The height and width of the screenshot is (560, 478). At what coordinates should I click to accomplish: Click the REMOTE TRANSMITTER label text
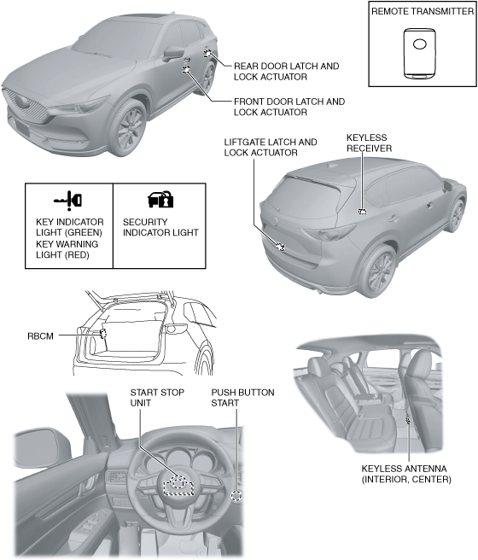point(423,11)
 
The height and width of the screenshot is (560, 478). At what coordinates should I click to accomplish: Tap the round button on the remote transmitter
point(419,44)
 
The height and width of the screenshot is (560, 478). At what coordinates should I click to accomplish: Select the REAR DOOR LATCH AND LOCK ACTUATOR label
point(286,72)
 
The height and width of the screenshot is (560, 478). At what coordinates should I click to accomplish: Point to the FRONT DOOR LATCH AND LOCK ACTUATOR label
point(289,107)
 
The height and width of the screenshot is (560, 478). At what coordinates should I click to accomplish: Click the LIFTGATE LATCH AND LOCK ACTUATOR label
point(271,147)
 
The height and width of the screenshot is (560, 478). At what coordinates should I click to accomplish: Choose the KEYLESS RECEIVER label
point(369,143)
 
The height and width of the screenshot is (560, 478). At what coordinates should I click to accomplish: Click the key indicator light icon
point(67,199)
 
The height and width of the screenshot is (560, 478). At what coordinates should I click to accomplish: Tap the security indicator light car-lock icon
point(160,200)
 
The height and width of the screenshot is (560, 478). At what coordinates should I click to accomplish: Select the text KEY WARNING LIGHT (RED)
point(67,249)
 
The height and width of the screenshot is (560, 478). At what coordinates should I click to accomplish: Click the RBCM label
point(40,336)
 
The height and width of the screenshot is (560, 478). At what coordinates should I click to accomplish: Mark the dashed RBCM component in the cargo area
point(103,334)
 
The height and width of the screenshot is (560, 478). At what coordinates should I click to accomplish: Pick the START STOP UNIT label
point(157,398)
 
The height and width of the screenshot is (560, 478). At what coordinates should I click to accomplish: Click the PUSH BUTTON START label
point(242,398)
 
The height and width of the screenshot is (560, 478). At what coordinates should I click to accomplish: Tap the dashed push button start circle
point(236,496)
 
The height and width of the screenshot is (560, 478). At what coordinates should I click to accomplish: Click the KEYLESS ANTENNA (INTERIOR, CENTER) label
point(406,474)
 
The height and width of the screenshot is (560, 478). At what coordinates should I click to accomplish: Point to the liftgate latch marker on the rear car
point(280,247)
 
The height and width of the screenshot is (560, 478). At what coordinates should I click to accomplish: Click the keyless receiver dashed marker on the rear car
point(362,212)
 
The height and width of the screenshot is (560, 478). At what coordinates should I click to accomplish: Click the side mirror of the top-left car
point(174,53)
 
